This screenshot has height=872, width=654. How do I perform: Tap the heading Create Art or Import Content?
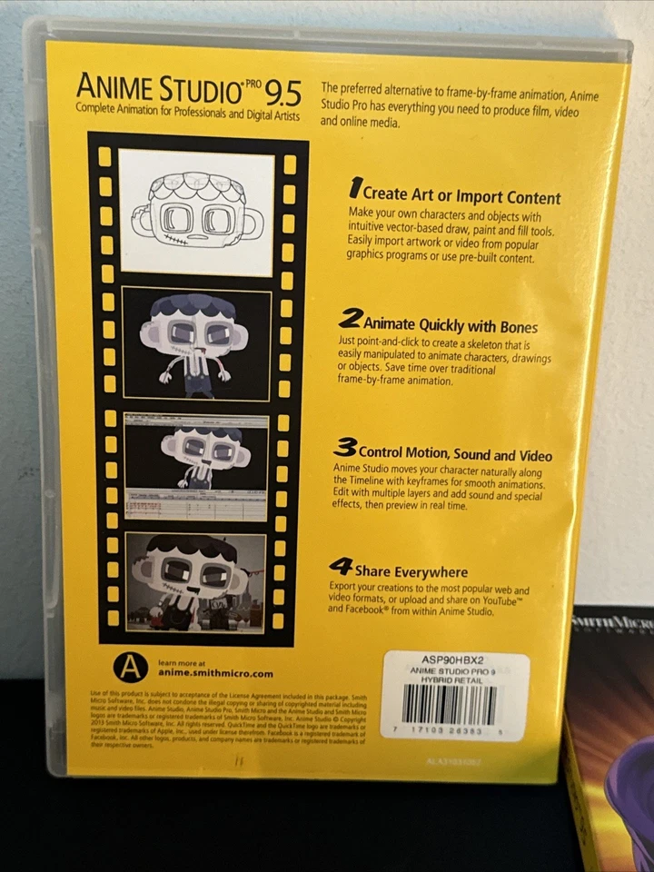461,195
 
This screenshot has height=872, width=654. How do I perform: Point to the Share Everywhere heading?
411,571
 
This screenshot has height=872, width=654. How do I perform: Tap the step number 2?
350,319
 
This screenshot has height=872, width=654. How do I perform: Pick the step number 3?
344,448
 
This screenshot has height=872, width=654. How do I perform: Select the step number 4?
341,568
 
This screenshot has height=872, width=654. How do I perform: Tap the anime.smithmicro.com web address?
215,673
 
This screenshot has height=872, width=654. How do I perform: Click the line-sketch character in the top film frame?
197,213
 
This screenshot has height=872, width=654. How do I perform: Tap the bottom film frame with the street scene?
196,583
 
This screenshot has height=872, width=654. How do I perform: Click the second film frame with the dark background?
196,342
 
